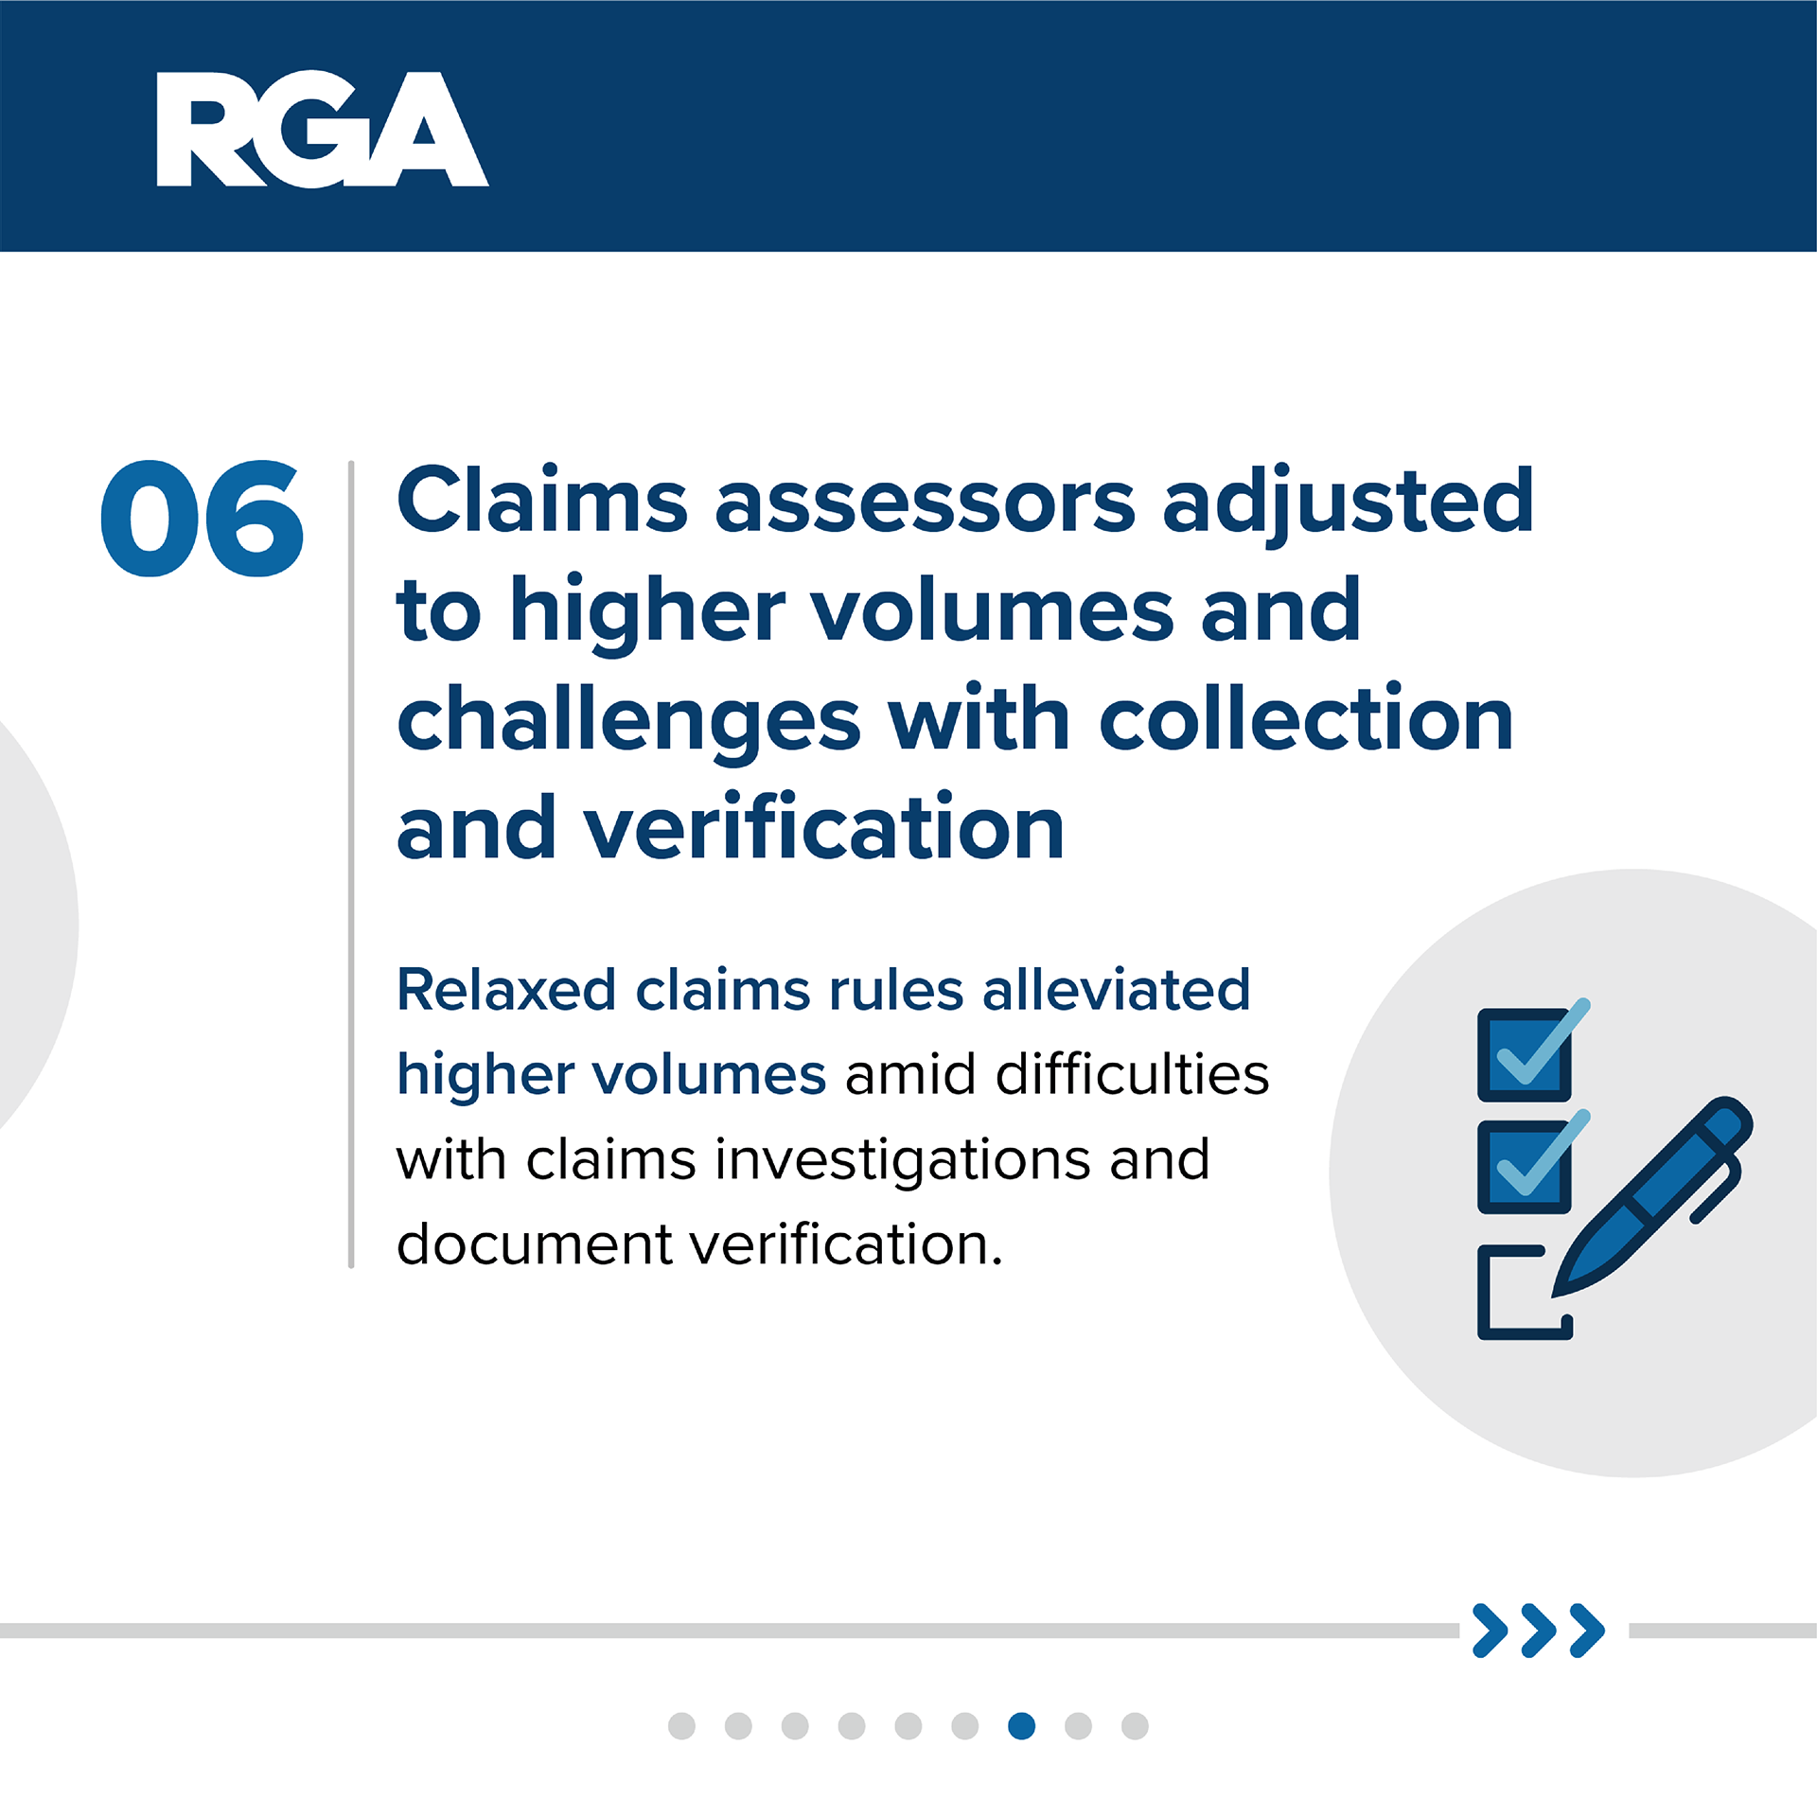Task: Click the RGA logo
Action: (322, 130)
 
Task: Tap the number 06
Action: (202, 519)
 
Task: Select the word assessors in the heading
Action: (925, 502)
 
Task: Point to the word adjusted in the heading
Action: (1348, 503)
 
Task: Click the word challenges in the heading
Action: (628, 721)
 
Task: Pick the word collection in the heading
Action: (1306, 718)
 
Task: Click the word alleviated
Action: (1117, 990)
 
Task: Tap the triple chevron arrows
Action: (1539, 1631)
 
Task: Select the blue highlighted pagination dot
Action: (1022, 1726)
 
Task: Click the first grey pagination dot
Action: (681, 1726)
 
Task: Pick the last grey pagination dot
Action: (1135, 1726)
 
